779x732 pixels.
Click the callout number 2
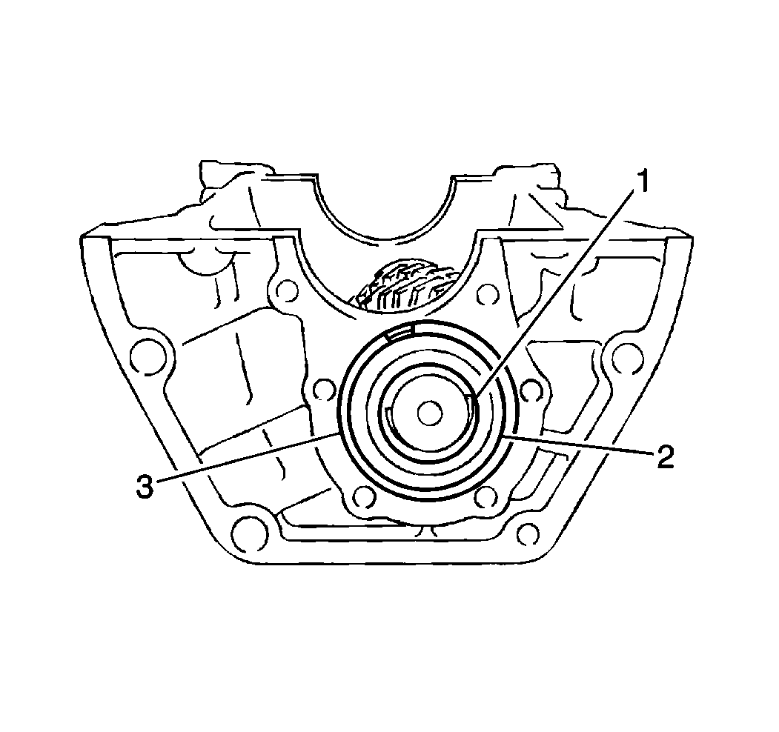664,456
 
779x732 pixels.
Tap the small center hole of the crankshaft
430,413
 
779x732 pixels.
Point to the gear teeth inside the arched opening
402,288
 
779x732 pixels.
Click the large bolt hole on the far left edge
147,357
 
